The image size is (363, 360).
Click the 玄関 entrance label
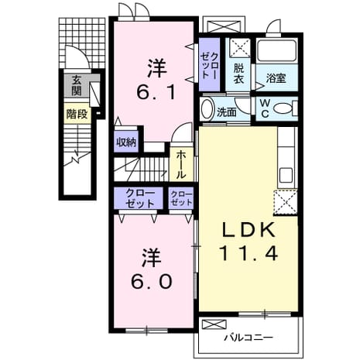77,85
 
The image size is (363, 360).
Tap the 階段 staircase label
77,114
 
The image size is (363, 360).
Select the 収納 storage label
126,142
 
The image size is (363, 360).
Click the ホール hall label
181,165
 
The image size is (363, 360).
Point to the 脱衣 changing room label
238,74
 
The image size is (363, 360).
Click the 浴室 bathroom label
276,78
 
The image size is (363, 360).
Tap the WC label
265,108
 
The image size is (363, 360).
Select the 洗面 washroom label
226,112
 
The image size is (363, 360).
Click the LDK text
248,231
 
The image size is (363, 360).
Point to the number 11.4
248,253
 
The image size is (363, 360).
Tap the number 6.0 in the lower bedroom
152,281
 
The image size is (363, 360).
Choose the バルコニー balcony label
248,338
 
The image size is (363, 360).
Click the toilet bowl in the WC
283,108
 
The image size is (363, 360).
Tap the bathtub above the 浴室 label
277,50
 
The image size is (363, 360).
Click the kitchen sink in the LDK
286,175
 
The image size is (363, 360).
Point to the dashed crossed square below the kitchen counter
286,202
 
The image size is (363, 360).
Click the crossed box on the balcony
214,324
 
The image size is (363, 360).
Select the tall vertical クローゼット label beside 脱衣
210,65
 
